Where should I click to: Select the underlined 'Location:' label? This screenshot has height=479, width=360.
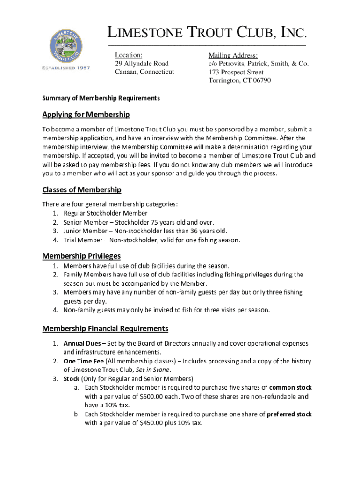tap(129, 55)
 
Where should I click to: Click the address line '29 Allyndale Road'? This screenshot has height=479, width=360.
tap(142, 63)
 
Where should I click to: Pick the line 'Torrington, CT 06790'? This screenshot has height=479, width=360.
tap(239, 80)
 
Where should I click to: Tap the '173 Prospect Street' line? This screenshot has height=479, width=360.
tap(236, 72)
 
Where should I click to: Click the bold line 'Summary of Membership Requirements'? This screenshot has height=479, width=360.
tap(101, 98)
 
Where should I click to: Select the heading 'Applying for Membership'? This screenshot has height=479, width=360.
tap(86, 115)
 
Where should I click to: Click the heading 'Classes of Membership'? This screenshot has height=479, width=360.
tap(82, 189)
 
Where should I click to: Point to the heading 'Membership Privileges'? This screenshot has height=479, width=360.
tap(81, 256)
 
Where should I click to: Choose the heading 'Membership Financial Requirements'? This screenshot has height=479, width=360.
tap(105, 328)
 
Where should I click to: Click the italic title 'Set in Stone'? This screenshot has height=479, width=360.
tap(154, 370)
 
